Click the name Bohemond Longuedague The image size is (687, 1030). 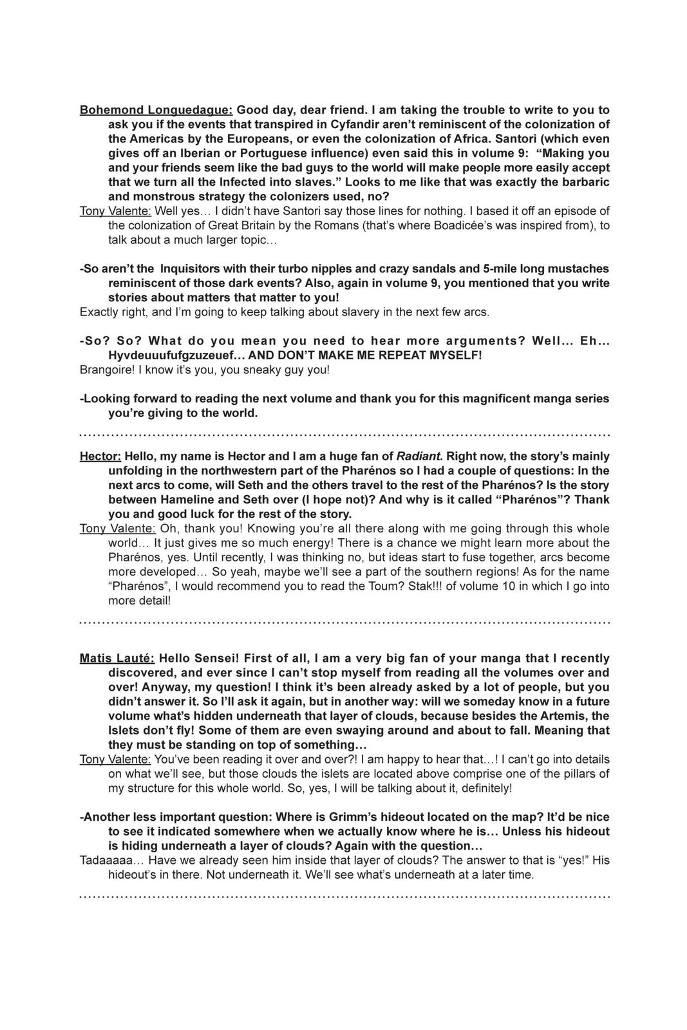pyautogui.click(x=156, y=110)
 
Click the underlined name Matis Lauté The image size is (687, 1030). pyautogui.click(x=117, y=658)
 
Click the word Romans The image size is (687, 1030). pyautogui.click(x=343, y=225)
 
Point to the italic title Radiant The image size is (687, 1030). pyautogui.click(x=420, y=456)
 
